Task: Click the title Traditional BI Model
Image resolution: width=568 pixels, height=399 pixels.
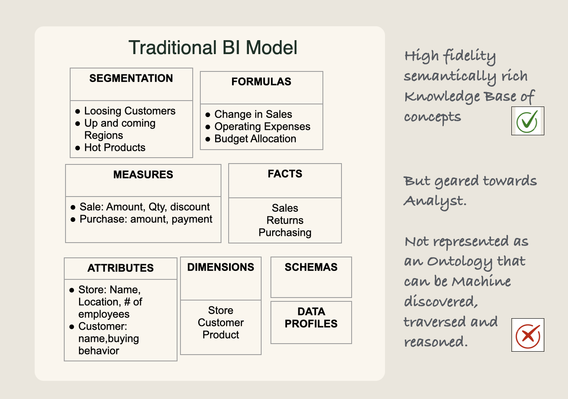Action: pyautogui.click(x=213, y=48)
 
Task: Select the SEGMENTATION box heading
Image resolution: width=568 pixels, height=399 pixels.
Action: pyautogui.click(x=131, y=79)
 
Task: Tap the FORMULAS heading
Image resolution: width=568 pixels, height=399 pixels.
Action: pyautogui.click(x=261, y=82)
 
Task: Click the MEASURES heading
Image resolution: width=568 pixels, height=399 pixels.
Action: pyautogui.click(x=143, y=175)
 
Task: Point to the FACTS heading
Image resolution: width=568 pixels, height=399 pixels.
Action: pyautogui.click(x=285, y=174)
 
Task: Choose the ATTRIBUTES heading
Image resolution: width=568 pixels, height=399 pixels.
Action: pyautogui.click(x=120, y=268)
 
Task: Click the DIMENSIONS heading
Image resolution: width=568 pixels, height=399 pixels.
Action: pyautogui.click(x=221, y=268)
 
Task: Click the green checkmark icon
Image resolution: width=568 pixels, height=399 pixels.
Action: pyautogui.click(x=527, y=121)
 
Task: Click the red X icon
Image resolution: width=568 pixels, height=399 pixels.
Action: pyautogui.click(x=527, y=335)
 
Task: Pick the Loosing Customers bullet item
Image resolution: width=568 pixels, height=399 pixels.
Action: pyautogui.click(x=129, y=111)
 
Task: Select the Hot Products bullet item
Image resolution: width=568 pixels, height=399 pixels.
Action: pyautogui.click(x=115, y=148)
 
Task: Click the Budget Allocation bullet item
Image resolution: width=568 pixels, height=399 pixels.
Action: pyautogui.click(x=255, y=139)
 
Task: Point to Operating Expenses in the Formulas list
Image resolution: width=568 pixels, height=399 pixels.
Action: pyautogui.click(x=262, y=127)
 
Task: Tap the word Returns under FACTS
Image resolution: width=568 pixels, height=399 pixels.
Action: pyautogui.click(x=285, y=221)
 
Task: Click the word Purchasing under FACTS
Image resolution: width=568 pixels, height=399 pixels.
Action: pyautogui.click(x=285, y=233)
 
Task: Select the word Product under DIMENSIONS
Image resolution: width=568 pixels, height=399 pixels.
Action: pyautogui.click(x=221, y=335)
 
